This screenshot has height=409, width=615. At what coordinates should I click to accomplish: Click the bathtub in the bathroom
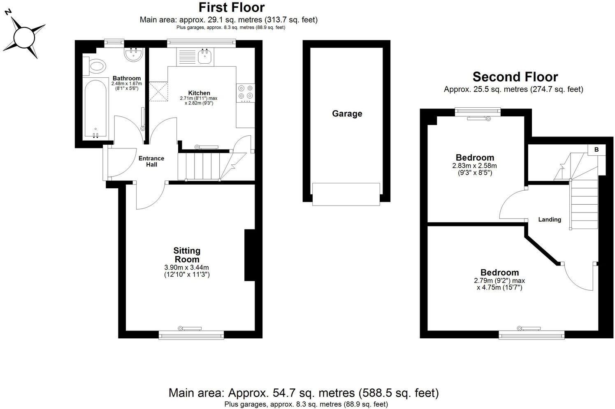click(x=95, y=108)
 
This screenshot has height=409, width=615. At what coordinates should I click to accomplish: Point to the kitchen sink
click(x=204, y=57)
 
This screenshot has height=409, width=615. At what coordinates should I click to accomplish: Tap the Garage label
click(x=347, y=114)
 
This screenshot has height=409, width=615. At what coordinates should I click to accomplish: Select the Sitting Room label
click(x=187, y=255)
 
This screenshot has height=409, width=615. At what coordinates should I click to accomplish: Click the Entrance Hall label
click(x=151, y=161)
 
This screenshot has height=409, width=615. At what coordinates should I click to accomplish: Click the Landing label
click(x=550, y=220)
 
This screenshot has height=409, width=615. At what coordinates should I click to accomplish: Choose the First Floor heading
click(x=232, y=7)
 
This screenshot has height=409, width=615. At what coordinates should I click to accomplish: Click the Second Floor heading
click(x=515, y=77)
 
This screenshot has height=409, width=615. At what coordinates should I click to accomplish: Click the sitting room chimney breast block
click(x=250, y=255)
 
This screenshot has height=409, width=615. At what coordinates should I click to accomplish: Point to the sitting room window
click(x=191, y=335)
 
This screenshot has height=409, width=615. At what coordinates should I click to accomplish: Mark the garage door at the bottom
click(x=346, y=194)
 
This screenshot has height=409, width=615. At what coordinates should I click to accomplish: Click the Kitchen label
click(x=199, y=93)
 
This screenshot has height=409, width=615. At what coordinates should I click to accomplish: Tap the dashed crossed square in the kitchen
click(x=159, y=91)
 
